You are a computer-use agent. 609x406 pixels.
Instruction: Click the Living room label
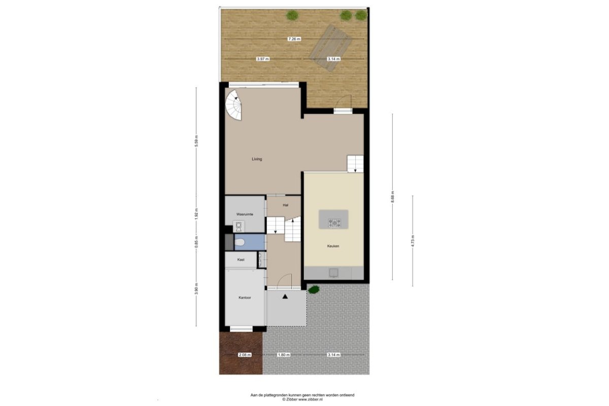coord(257,159)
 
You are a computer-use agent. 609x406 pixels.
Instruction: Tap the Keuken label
coord(333,246)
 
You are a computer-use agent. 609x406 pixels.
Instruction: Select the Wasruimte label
coord(245,214)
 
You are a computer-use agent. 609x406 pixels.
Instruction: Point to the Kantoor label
coord(245,297)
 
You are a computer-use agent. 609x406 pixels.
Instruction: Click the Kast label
coord(241,260)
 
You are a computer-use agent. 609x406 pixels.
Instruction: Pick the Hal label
coord(285,206)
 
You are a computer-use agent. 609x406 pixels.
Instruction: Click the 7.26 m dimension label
coord(294,39)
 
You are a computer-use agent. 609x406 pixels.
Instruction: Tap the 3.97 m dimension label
coord(263,59)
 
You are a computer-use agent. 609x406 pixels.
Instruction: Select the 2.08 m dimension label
coord(245,355)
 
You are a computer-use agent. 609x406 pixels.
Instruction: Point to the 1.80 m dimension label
coord(284,355)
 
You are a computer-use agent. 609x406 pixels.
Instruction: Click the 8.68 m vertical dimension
coord(392,197)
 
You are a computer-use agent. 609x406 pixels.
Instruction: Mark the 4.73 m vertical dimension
coord(413,241)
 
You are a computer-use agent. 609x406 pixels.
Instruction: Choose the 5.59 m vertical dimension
coord(196,141)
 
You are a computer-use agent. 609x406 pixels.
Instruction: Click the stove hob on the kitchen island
coord(334,223)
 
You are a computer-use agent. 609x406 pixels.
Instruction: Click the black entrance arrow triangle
coord(285,297)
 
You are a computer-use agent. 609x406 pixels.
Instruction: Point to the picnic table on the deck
coord(332,48)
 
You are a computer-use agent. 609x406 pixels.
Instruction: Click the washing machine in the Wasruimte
coord(239,226)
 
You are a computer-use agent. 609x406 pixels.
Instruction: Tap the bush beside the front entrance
coord(314,289)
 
